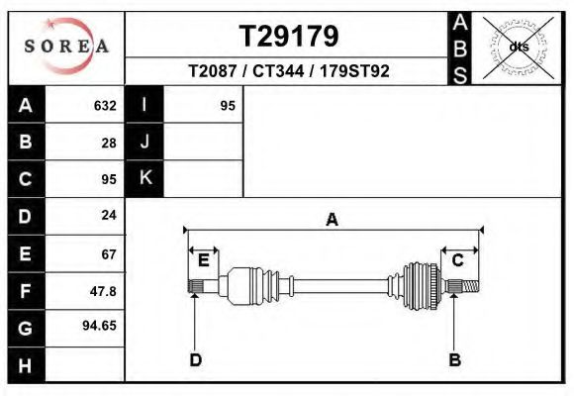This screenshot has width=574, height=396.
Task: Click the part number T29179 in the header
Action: click(x=288, y=36)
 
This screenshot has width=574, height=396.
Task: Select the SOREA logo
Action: click(x=65, y=48)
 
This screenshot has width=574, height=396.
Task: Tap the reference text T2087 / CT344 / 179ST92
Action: click(x=288, y=71)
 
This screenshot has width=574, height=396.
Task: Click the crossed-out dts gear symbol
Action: click(x=519, y=46)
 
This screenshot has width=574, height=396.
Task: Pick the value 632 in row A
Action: click(x=105, y=105)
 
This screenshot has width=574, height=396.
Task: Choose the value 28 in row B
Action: click(x=109, y=142)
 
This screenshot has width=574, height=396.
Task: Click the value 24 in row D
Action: click(x=109, y=215)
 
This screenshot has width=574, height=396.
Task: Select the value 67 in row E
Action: click(x=109, y=253)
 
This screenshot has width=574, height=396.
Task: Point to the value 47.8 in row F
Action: click(x=104, y=290)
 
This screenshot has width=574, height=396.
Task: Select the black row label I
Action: click(x=144, y=105)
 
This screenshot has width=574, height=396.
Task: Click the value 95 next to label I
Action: click(x=227, y=105)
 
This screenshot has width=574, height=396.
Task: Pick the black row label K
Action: click(x=144, y=178)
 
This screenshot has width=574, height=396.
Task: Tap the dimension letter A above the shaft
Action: click(x=332, y=220)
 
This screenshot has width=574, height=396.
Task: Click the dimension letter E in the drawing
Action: click(x=203, y=260)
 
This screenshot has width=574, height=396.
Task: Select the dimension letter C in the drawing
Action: click(x=458, y=260)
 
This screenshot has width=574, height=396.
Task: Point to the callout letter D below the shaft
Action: click(x=195, y=359)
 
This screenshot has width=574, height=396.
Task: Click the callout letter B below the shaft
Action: click(x=454, y=359)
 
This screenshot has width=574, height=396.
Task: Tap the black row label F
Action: click(x=25, y=290)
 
